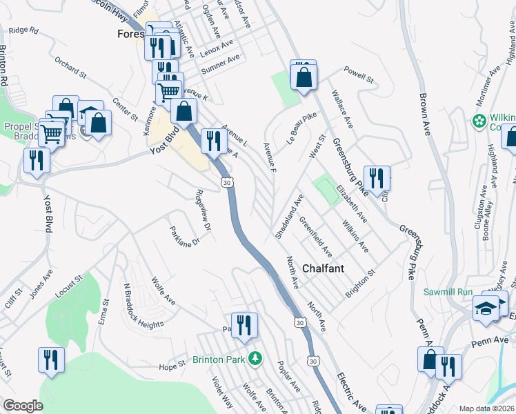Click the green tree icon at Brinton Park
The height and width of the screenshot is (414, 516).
(256, 358)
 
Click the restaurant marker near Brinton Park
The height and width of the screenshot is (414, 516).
(244, 325)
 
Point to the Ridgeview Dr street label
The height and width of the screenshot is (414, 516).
(202, 208)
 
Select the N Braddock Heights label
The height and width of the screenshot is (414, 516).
(145, 304)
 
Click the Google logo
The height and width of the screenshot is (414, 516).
(23, 406)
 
